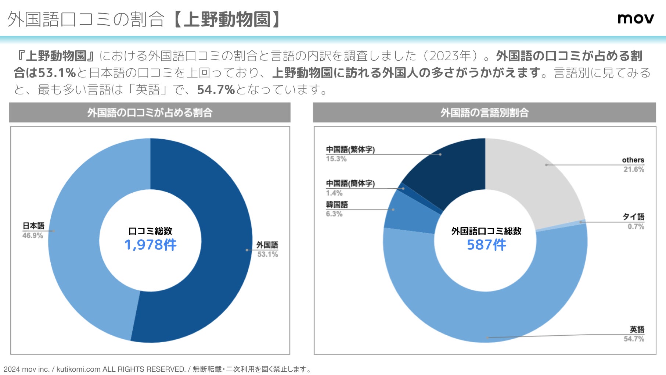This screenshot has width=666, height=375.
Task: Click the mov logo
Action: pyautogui.click(x=636, y=18)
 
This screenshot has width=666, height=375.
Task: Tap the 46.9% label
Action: pyautogui.click(x=32, y=236)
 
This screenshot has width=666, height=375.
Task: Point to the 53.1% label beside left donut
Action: pyautogui.click(x=267, y=254)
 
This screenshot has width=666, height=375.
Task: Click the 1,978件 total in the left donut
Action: pyautogui.click(x=150, y=245)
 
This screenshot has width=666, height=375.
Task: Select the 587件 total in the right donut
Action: pyautogui.click(x=486, y=245)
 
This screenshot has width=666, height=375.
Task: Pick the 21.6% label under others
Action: pyautogui.click(x=634, y=169)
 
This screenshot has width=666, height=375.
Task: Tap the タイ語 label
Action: pyautogui.click(x=633, y=217)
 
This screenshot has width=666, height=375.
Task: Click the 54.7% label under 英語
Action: pyautogui.click(x=634, y=339)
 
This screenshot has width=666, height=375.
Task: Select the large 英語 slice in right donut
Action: pyautogui.click(x=485, y=312)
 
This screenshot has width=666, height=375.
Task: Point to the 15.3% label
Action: pyautogui.click(x=336, y=159)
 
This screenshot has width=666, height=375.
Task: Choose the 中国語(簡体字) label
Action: pyautogui.click(x=350, y=183)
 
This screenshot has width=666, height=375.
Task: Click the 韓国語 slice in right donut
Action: pyautogui.click(x=411, y=213)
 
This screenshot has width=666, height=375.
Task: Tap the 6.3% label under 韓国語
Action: pyautogui.click(x=334, y=214)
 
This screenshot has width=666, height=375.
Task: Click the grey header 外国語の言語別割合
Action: pyautogui.click(x=484, y=113)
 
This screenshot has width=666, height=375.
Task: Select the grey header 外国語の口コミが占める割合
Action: pyautogui.click(x=150, y=113)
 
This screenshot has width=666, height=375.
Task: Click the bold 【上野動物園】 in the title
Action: pyautogui.click(x=227, y=19)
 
